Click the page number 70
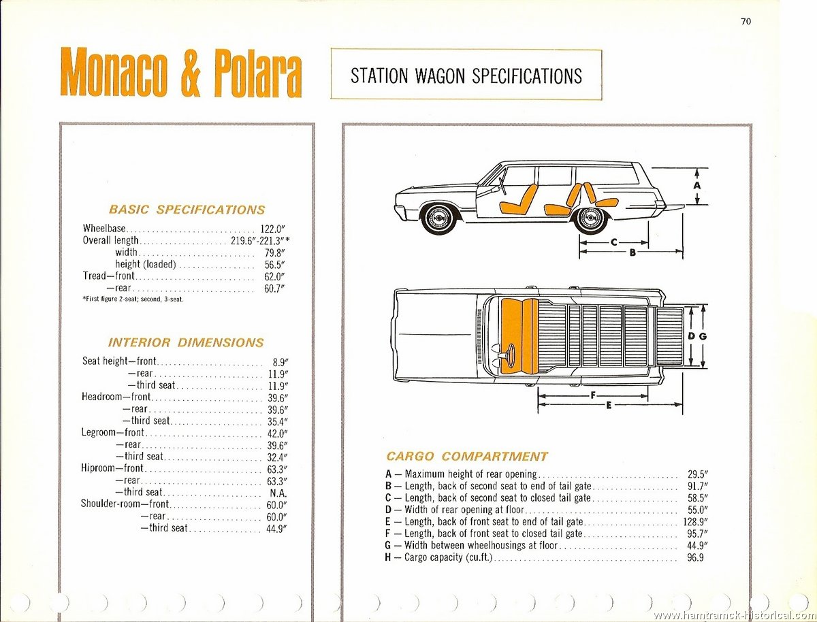[746, 22]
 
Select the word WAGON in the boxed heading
[440, 76]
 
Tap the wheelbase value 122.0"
[273, 229]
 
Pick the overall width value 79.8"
[274, 253]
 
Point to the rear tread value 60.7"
[274, 289]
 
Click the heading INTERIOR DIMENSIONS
[186, 342]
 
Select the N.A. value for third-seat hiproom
[277, 493]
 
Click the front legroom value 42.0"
[278, 433]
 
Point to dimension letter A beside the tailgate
[697, 185]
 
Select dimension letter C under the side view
[614, 243]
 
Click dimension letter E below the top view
[609, 406]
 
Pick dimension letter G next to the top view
[703, 336]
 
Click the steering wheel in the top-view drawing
[511, 354]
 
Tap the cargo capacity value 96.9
[695, 557]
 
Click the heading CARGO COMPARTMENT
[467, 456]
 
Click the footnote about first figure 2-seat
[133, 299]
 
